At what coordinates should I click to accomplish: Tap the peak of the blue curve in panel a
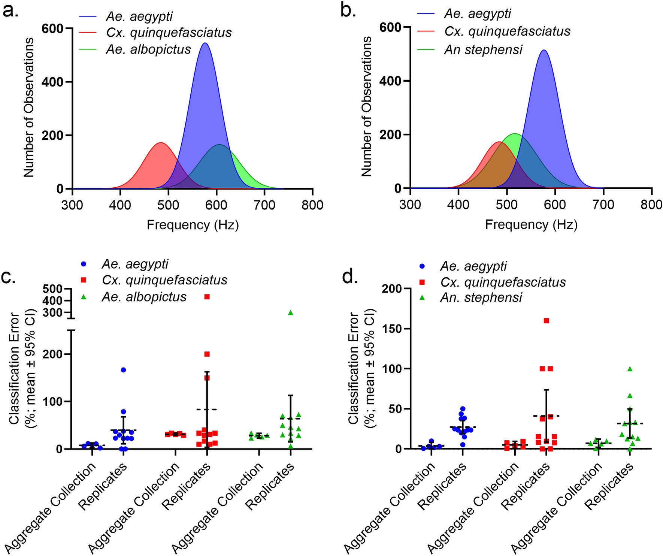[205, 43]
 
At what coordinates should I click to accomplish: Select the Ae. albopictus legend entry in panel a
[148, 49]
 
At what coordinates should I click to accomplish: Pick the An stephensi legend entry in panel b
[483, 49]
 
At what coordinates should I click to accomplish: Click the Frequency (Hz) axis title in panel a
[193, 225]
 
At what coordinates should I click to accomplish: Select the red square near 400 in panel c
[207, 297]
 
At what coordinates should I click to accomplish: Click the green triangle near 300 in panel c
[291, 312]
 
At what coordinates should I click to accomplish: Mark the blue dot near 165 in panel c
[123, 370]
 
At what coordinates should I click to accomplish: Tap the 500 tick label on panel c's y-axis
[53, 289]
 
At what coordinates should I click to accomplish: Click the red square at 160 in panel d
[546, 320]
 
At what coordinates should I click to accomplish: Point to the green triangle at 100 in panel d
[630, 369]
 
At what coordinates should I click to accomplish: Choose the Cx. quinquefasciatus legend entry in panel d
[503, 282]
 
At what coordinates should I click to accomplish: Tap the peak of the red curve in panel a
[161, 143]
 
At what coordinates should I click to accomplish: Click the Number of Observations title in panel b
[367, 106]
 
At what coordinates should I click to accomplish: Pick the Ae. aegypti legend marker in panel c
[84, 264]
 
